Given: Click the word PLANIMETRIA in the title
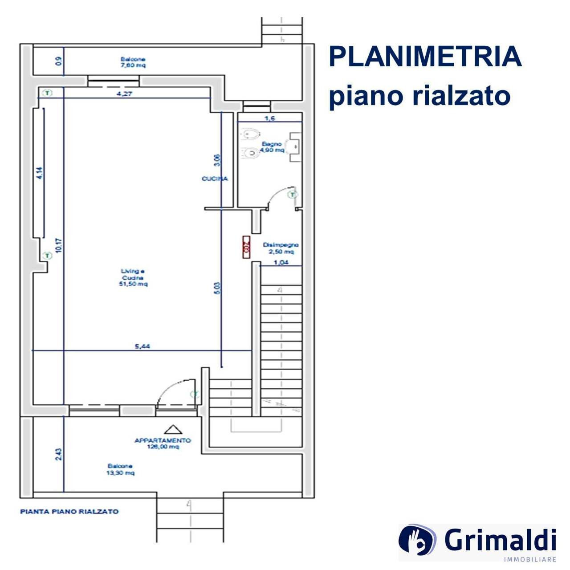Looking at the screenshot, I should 425,57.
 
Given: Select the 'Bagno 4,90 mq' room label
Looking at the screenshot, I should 273,147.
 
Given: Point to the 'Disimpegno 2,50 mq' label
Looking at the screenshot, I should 280,248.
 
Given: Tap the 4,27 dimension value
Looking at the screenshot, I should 125,94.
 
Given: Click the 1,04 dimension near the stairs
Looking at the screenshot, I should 281,262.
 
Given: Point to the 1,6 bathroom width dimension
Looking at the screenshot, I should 270,118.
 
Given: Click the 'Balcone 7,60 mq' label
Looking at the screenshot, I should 133,62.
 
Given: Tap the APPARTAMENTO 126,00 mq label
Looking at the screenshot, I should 163,443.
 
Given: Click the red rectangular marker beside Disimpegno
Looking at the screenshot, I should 245,247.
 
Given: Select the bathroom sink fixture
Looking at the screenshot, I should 295,145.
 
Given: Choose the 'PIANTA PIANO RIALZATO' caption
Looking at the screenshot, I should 69,512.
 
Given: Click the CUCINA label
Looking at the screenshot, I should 215,179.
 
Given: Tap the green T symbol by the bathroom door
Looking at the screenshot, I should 293,195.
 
